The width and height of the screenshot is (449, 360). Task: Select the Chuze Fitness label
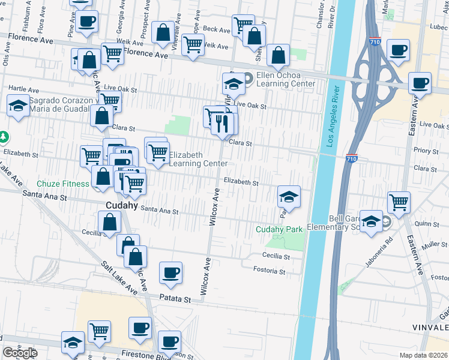click(63, 183)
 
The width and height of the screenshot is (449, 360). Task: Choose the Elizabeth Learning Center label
click(198, 159)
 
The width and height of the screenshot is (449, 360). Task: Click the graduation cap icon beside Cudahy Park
click(289, 196)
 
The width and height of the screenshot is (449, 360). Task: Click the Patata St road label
click(175, 298)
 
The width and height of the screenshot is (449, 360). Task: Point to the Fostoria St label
click(269, 271)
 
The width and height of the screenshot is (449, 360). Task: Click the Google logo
click(20, 353)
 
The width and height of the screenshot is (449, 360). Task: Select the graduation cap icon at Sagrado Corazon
click(19, 106)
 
